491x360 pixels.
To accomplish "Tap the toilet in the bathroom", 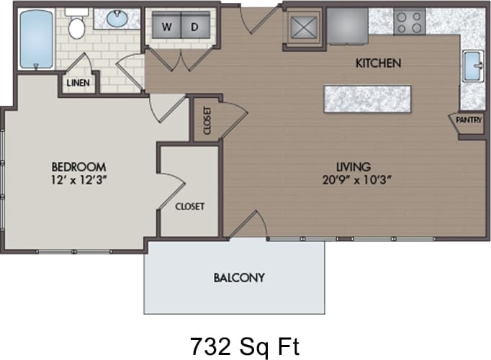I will pyautogui.click(x=77, y=27).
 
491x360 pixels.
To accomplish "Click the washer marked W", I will pyautogui.click(x=166, y=27).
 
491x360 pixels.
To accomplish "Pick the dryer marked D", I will pyautogui.click(x=194, y=27).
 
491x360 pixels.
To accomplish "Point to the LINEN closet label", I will pyautogui.click(x=78, y=83).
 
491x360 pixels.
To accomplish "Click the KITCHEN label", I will pyautogui.click(x=378, y=63).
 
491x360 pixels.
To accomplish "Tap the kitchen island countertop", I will pyautogui.click(x=367, y=99).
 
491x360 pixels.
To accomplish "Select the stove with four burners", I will pyautogui.click(x=410, y=22).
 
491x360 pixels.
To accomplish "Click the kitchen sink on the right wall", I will pyautogui.click(x=473, y=66).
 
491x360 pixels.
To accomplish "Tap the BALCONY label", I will pyautogui.click(x=239, y=277).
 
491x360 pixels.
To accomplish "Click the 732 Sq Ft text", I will pyautogui.click(x=245, y=346).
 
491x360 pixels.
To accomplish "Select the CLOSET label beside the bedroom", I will pyautogui.click(x=190, y=206).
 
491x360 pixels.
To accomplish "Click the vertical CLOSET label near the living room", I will pyautogui.click(x=207, y=121).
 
